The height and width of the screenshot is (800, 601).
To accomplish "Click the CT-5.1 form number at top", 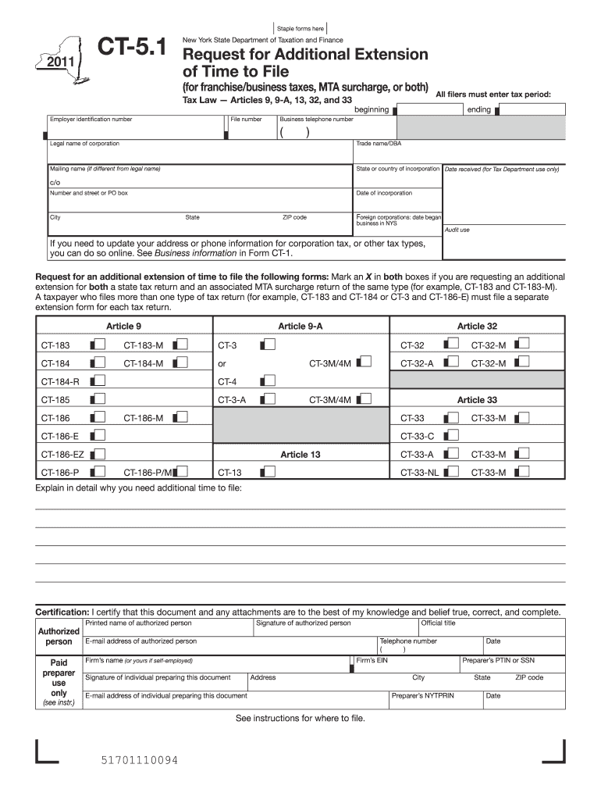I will [131, 50].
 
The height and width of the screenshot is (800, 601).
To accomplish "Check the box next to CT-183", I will [98, 344].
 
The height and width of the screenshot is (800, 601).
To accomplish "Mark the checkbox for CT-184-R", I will [98, 380].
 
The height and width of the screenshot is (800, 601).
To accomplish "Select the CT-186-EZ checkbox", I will [98, 453].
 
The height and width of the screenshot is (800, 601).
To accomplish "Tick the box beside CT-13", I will [268, 471].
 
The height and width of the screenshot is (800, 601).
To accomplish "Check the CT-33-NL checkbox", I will [450, 471].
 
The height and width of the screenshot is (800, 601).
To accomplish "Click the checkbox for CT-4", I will [268, 380].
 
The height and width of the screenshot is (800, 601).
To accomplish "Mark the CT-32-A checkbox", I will [450, 362].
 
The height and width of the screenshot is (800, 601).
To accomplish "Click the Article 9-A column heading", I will [300, 326].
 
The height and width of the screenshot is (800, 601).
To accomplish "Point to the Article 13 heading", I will [300, 454].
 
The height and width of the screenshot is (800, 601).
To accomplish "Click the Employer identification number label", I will [91, 120].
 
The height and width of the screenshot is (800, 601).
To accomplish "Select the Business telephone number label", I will [316, 120].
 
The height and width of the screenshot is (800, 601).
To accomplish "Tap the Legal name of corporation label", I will [84, 144].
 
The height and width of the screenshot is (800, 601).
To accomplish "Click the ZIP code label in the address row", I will [294, 217].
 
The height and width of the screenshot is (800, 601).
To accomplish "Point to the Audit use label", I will [457, 230].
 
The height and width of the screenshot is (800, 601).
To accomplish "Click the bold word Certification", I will [63, 612].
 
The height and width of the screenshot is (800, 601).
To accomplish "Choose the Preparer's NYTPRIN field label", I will [422, 695].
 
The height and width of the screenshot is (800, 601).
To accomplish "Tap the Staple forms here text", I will [300, 29].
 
